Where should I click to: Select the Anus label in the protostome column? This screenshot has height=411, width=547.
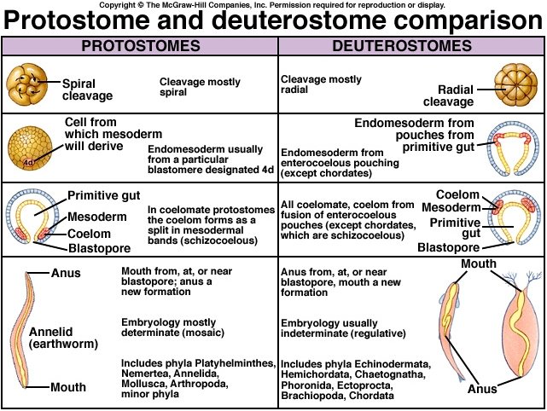coord(66,274)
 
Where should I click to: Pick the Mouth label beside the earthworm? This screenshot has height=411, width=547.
coord(67,386)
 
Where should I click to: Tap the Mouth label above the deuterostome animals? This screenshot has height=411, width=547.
coord(478,264)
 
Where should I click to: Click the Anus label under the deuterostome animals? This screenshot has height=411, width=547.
coord(482,390)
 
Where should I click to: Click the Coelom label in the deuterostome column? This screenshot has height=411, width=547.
coord(458,194)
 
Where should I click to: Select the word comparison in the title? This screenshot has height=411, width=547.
coord(465,20)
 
